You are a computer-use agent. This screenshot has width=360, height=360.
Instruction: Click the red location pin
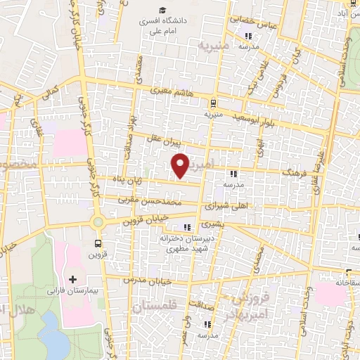[x=181, y=165]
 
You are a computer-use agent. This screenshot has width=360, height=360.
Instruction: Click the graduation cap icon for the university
[x=162, y=11]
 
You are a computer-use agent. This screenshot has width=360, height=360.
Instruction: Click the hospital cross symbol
[x=73, y=279]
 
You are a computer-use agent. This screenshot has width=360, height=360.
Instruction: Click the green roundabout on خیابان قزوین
[x=98, y=223]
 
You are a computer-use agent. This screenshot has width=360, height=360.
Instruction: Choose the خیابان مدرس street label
[x=143, y=280]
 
